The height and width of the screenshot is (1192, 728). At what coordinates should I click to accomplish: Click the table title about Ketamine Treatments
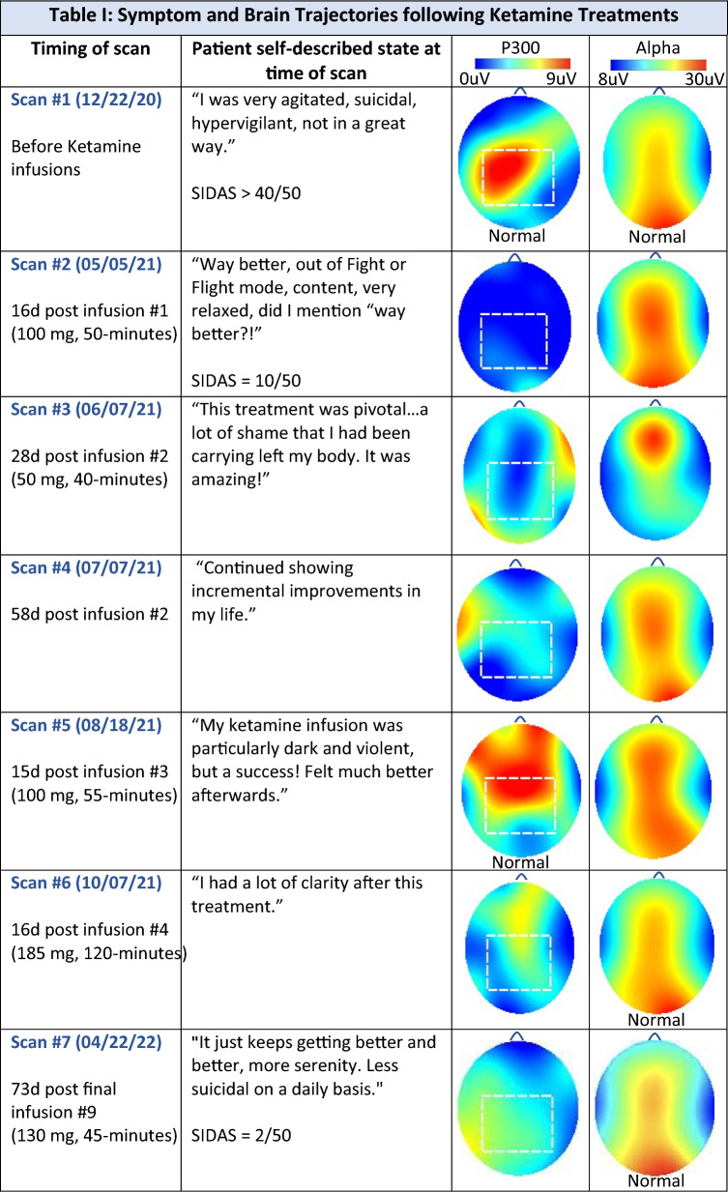[364, 15]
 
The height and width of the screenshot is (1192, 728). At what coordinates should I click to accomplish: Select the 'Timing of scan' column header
[91, 48]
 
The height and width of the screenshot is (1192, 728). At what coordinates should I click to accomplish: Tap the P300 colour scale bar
[522, 64]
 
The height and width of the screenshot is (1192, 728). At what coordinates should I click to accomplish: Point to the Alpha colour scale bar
[658, 65]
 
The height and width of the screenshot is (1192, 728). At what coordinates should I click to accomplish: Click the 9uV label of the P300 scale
[561, 78]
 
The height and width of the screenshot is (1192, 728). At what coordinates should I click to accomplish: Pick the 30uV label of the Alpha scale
[704, 79]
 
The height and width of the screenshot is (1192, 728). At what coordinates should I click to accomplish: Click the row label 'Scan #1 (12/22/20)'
[86, 100]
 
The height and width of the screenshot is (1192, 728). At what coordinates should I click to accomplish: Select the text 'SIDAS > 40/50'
[246, 192]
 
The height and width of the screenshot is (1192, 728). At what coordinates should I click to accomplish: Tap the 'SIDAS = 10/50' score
[246, 381]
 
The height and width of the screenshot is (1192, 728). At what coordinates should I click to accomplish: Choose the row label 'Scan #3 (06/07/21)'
[86, 409]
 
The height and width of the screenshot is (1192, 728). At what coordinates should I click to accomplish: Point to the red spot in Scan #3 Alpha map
[653, 441]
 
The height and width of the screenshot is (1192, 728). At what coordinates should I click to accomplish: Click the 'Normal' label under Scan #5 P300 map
[520, 861]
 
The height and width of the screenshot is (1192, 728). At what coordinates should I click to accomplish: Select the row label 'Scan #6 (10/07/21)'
[86, 883]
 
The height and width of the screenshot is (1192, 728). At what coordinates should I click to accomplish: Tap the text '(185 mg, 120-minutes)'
[99, 952]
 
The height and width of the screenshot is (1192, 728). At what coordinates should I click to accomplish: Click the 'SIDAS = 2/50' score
[241, 1135]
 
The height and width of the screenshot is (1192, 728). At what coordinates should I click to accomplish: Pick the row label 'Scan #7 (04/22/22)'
[86, 1042]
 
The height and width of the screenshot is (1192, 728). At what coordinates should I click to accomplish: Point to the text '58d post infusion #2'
[89, 614]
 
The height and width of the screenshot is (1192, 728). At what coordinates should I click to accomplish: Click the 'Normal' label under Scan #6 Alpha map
[656, 1020]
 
